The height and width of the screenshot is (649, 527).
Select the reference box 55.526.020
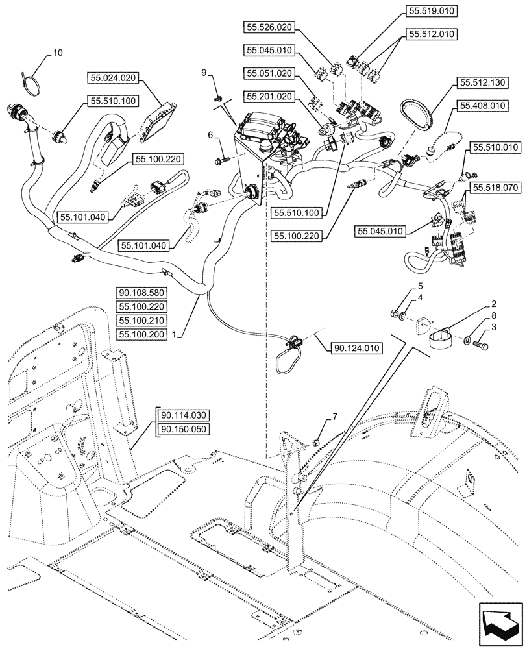269,27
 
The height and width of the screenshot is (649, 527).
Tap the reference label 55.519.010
433,11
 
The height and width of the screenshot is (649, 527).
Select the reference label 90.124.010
356,349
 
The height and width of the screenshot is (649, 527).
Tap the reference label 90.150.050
182,429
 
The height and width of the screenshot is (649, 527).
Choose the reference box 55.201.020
269,96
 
